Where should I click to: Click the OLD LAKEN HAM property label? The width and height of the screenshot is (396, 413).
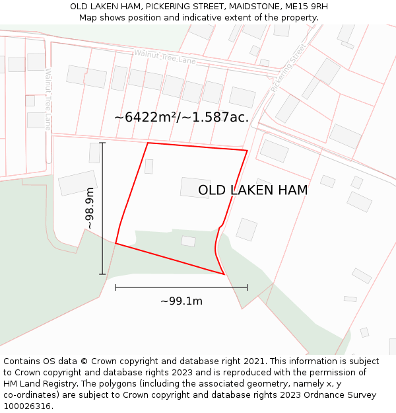tap(253, 190)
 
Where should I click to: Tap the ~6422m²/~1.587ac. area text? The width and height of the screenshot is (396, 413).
tap(181, 117)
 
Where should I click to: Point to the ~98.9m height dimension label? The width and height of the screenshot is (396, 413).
tap(90, 208)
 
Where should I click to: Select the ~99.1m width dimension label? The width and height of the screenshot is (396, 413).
tap(181, 301)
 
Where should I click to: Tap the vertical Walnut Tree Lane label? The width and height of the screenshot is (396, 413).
tap(48, 99)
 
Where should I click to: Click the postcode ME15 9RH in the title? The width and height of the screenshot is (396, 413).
tap(307, 7)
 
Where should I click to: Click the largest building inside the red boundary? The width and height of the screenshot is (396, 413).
tap(195, 188)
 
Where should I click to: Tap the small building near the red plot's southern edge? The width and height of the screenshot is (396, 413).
tap(188, 241)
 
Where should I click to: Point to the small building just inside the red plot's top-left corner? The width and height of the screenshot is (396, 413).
tap(148, 167)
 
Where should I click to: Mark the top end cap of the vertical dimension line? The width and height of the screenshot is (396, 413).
tap(102, 143)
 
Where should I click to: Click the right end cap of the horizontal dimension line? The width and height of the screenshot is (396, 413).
tap(247, 287)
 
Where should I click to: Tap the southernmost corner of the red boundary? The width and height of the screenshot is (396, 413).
tap(224, 274)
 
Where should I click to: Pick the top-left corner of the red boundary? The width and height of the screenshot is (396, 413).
tap(148, 143)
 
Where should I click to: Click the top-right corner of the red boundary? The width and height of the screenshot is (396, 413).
tap(247, 151)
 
